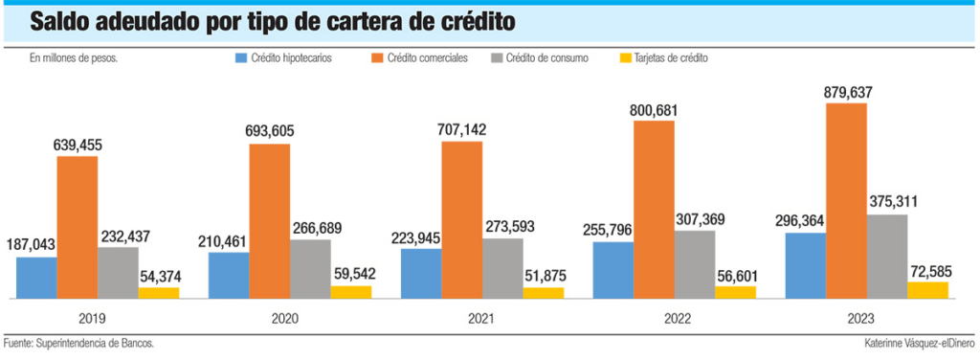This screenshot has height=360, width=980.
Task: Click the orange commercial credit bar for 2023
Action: point(846,201)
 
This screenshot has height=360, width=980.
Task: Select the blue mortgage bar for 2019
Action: point(36,278)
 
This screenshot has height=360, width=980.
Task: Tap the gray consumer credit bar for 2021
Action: point(502,269)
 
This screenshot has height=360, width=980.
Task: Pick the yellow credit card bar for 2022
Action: point(735,293)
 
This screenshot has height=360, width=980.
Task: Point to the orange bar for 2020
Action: point(269,222)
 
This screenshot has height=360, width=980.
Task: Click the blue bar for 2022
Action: point(613,271)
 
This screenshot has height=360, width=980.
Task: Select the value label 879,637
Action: point(847,93)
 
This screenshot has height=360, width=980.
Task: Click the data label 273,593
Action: point(503,228)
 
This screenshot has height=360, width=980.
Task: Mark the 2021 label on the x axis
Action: point(481,319)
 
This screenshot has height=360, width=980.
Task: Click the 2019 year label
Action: point(92,319)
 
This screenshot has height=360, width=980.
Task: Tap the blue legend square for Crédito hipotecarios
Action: point(241,58)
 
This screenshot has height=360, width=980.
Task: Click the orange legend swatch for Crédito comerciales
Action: point(376,58)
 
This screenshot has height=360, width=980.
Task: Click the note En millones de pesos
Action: point(74,58)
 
